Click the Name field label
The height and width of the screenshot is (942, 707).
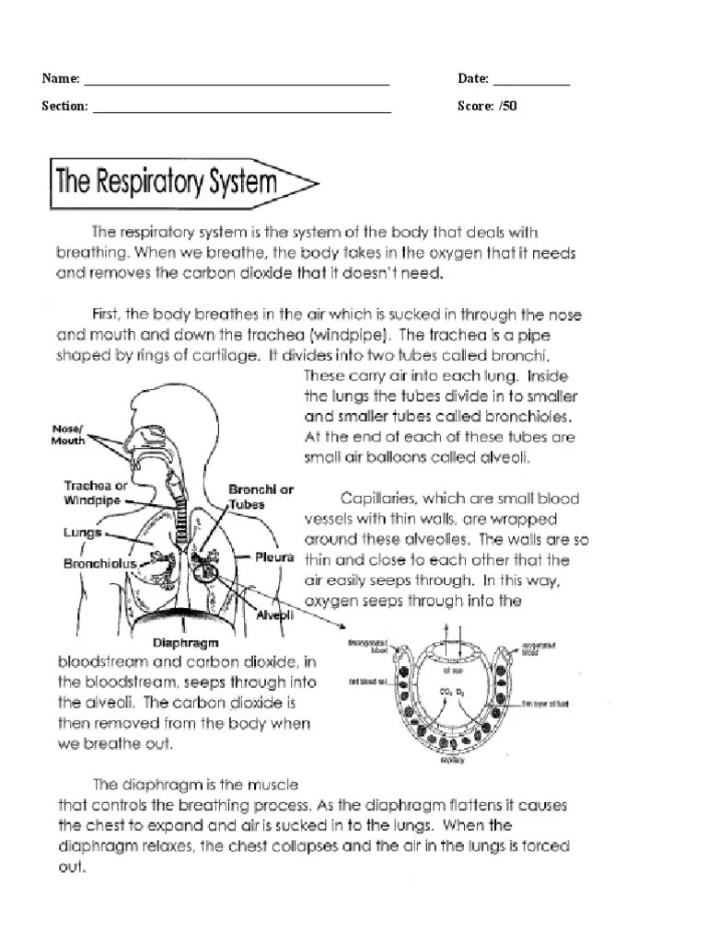click(x=59, y=79)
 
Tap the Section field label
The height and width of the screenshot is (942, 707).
click(x=64, y=106)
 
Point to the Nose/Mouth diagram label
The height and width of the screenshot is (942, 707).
click(x=68, y=434)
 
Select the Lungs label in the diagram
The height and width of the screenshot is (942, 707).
click(x=82, y=532)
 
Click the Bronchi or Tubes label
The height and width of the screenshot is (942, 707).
click(x=261, y=497)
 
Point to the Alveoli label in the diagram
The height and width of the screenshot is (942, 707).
click(x=273, y=615)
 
